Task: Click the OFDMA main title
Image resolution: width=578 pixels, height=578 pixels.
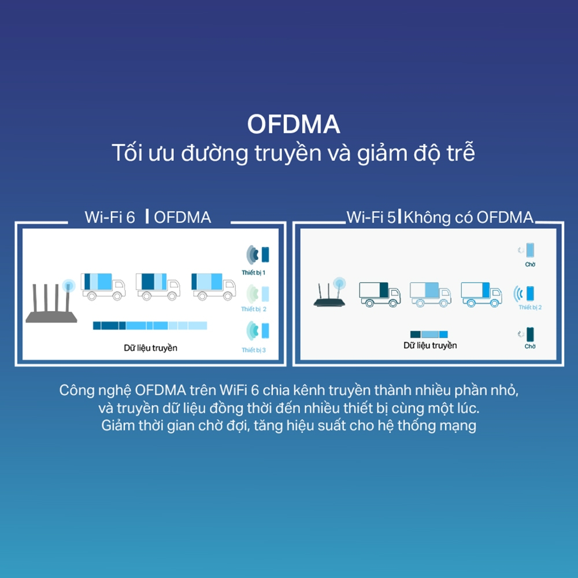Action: [294, 124]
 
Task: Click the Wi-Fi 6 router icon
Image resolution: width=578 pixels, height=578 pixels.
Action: [51, 303]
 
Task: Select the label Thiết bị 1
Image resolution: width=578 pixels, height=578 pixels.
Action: [253, 272]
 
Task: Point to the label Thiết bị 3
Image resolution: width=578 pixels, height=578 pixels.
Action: [254, 350]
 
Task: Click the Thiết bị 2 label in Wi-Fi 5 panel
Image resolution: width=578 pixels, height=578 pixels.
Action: [530, 307]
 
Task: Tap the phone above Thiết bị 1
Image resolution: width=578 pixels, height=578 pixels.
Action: [265, 254]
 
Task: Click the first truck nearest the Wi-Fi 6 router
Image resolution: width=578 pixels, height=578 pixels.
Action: [103, 287]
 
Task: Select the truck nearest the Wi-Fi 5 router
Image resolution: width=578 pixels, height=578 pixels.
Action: [380, 294]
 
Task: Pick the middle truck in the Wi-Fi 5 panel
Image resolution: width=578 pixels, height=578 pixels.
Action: [431, 294]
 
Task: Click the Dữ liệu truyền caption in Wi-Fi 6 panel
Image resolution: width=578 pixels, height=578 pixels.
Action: [150, 348]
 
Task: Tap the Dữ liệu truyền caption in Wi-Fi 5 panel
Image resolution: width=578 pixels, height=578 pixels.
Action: [430, 346]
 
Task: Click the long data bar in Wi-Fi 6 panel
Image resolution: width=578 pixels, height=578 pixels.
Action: [150, 325]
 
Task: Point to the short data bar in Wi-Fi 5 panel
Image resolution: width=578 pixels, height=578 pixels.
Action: [429, 334]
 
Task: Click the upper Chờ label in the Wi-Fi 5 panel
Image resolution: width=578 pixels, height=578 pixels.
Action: [530, 264]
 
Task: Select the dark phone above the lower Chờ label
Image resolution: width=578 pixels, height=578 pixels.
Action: [530, 334]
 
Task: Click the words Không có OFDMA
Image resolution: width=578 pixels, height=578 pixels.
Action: [468, 217]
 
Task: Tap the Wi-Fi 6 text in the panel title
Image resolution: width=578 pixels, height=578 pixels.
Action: [110, 217]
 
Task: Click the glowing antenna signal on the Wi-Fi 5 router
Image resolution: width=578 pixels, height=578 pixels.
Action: [339, 283]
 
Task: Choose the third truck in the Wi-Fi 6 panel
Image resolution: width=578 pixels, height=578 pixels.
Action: [213, 287]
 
